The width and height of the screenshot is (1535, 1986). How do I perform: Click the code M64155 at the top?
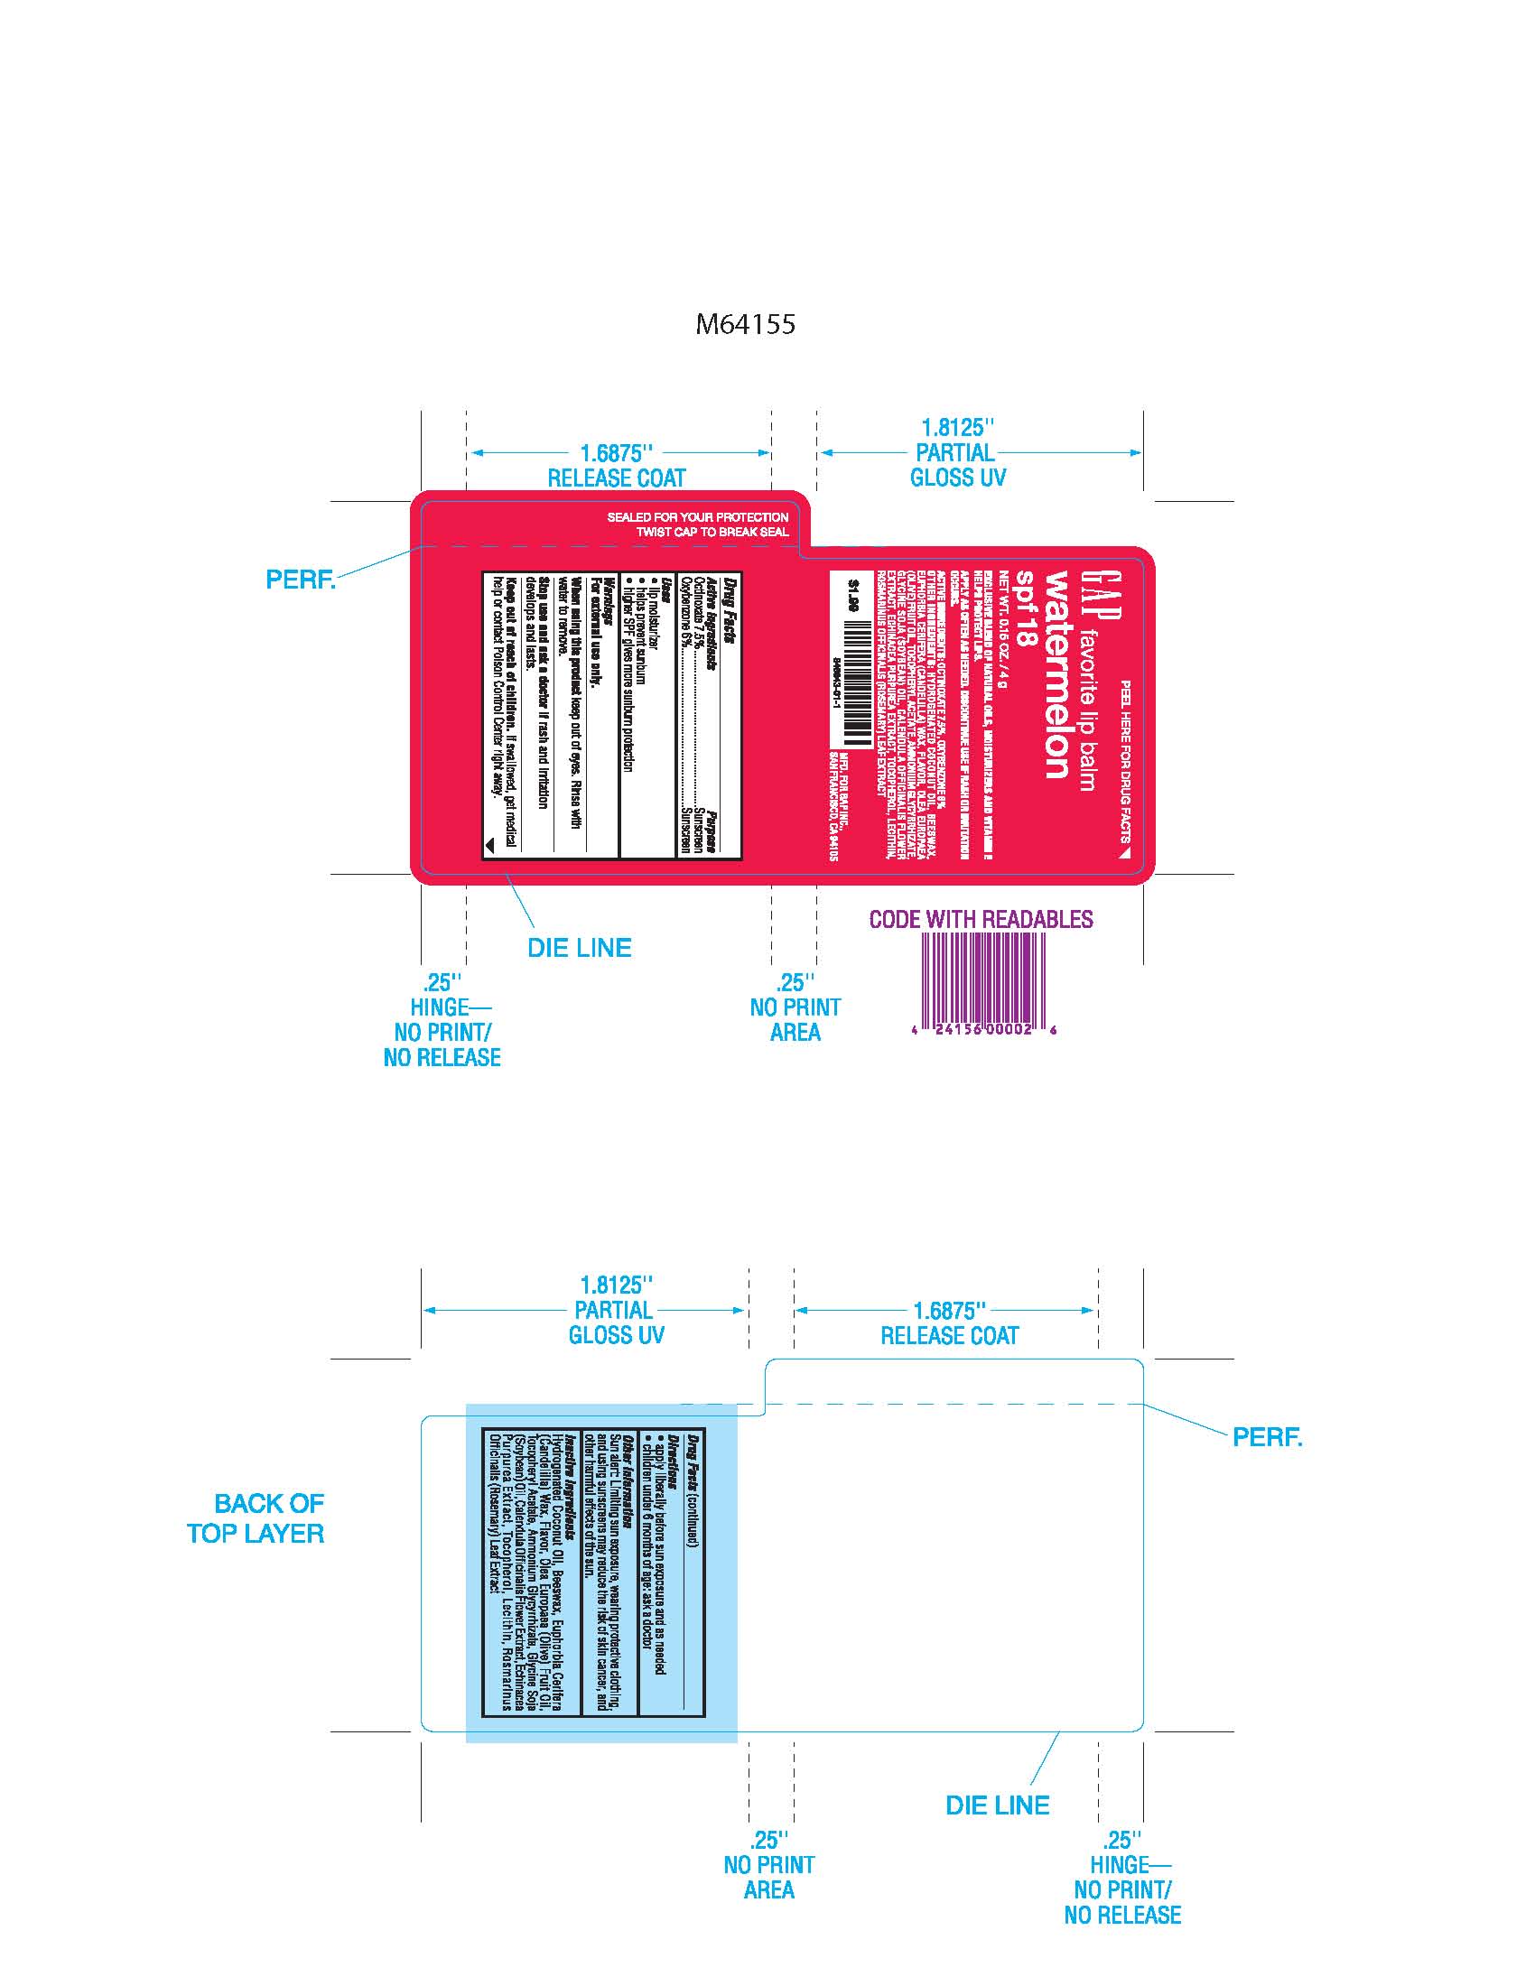745,324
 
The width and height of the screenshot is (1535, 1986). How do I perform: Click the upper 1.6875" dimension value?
617,453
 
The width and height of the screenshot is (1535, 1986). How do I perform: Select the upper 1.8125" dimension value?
957,427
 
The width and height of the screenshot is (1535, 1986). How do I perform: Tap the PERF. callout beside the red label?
300,580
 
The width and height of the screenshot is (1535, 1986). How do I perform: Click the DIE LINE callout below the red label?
580,948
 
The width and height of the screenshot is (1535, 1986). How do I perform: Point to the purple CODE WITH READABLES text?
981,918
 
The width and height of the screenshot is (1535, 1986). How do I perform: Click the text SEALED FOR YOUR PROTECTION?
697,516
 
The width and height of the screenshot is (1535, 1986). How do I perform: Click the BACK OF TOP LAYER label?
256,1518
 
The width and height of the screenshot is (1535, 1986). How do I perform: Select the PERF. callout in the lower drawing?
1267,1437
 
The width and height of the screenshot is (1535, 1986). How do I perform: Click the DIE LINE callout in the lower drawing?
997,1805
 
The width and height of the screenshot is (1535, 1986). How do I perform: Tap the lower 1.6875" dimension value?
949,1311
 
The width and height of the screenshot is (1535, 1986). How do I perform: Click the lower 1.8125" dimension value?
617,1285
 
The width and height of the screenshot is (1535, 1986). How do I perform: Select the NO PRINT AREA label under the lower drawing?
769,1865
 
